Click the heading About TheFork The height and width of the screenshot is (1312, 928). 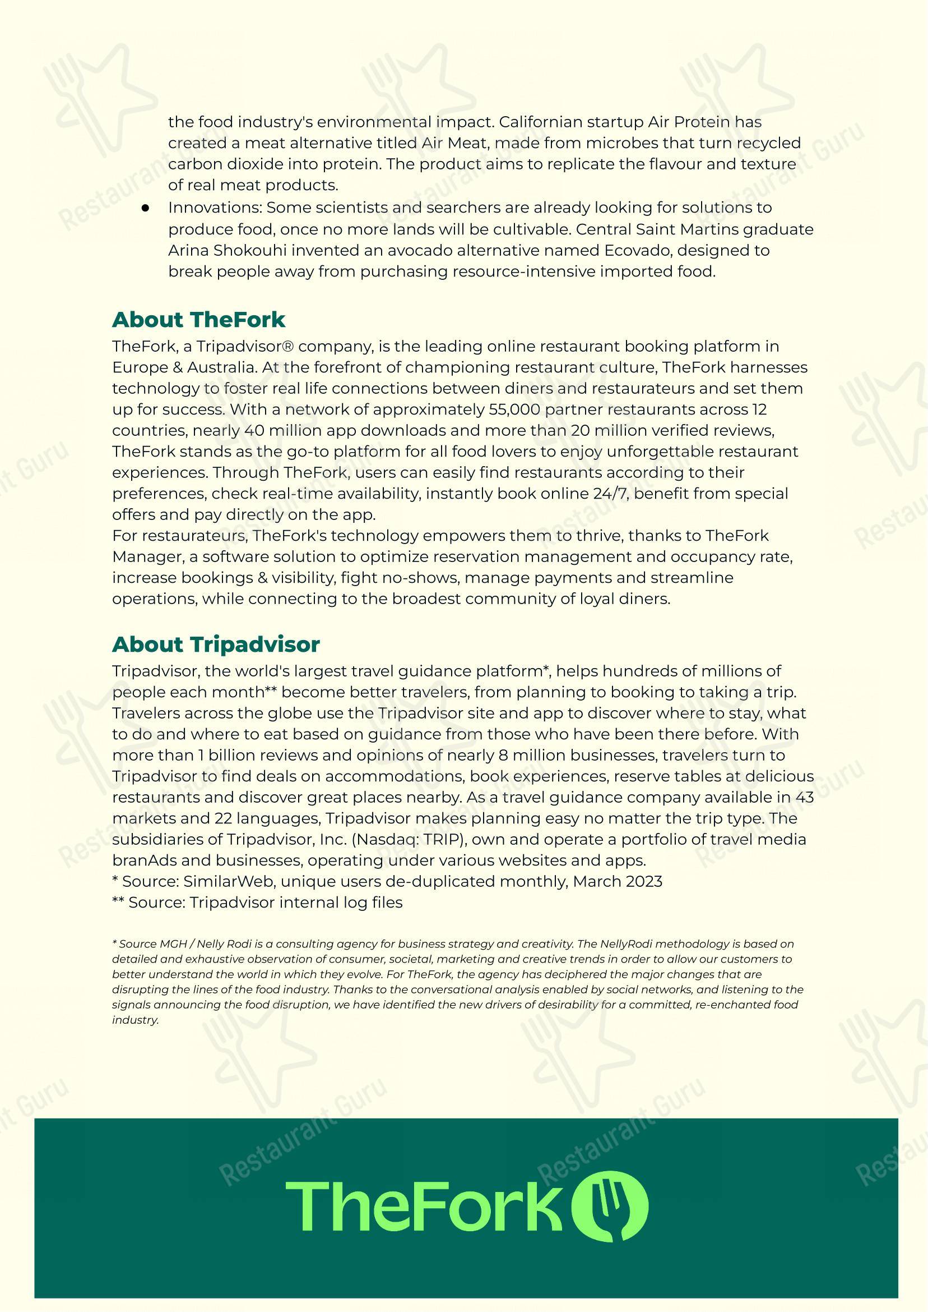click(198, 320)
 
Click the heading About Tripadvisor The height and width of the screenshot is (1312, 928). click(215, 645)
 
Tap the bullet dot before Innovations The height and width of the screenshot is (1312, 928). click(145, 208)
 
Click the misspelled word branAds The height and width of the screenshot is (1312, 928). click(141, 860)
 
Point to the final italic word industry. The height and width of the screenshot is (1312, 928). click(135, 1020)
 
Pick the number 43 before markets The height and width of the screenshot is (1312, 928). click(804, 797)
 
